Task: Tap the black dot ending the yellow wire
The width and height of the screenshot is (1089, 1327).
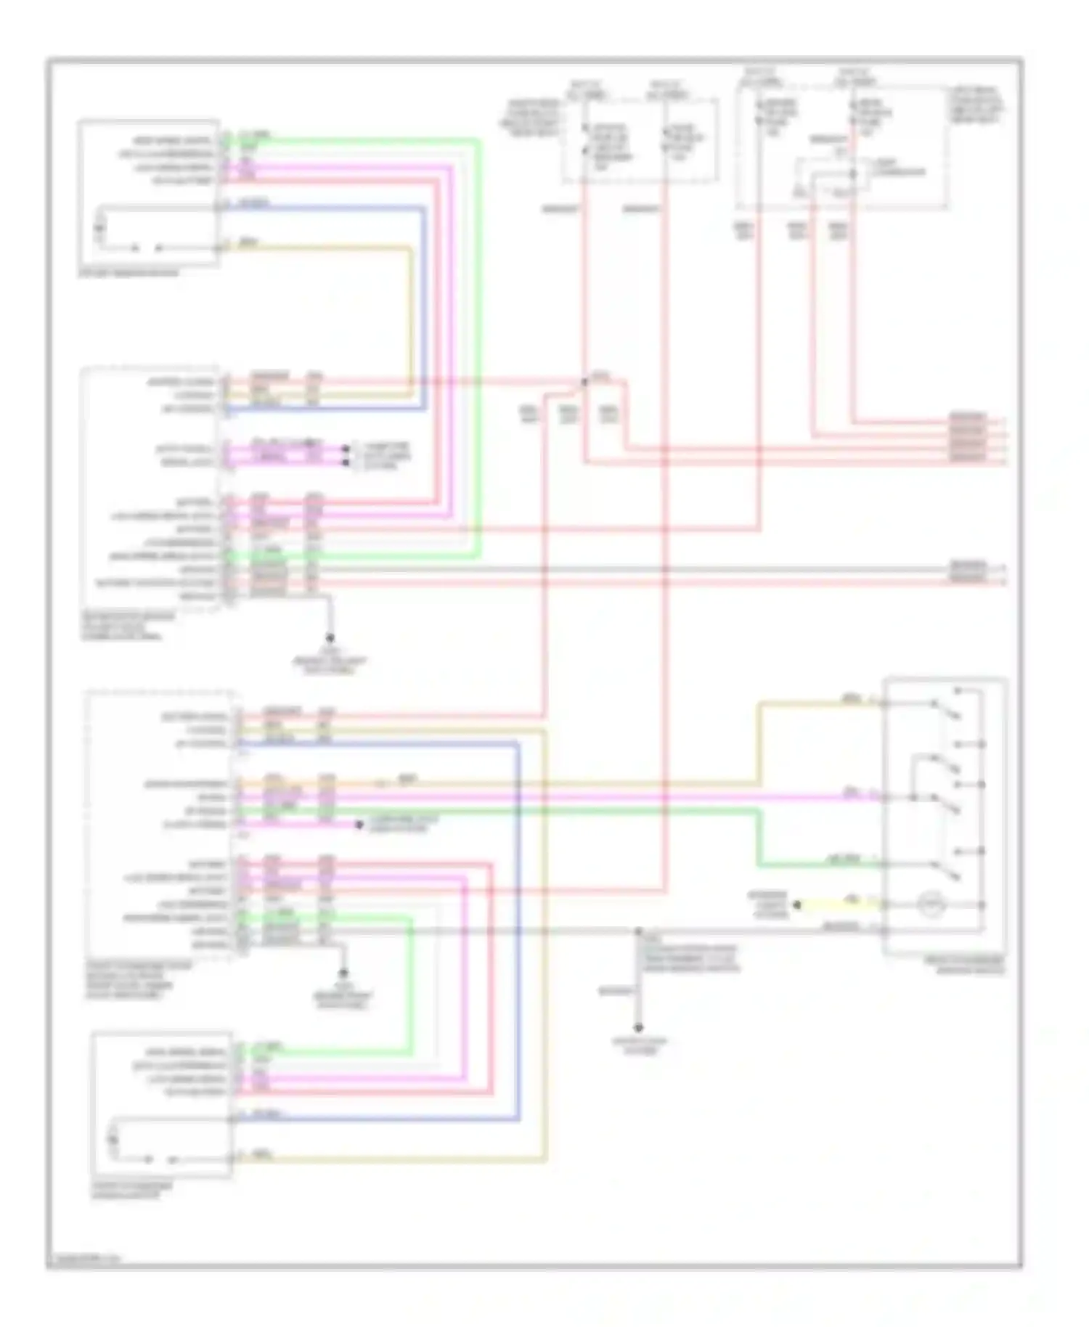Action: click(797, 905)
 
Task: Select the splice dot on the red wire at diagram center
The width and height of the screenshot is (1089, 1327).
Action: click(584, 382)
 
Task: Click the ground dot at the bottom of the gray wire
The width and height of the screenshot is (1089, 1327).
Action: click(638, 1028)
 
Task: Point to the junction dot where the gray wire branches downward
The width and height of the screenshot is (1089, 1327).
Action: click(638, 931)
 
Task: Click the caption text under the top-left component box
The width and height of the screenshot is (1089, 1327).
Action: click(128, 273)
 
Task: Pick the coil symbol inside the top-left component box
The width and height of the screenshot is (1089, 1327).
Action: click(100, 229)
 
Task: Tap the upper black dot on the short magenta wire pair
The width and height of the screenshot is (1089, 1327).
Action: click(346, 449)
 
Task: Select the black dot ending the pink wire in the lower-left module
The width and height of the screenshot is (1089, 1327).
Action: click(359, 825)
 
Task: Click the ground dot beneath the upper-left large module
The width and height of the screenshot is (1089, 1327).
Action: click(330, 638)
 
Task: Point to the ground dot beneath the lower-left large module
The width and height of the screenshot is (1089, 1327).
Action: click(343, 973)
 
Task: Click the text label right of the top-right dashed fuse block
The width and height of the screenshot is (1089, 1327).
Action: click(976, 105)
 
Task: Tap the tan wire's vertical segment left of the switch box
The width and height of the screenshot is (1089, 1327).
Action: click(759, 743)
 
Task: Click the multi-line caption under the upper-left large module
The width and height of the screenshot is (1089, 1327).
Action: click(128, 626)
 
